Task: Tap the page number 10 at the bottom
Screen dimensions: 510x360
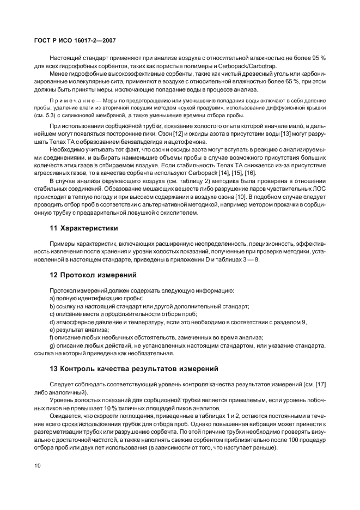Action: pyautogui.click(x=37, y=465)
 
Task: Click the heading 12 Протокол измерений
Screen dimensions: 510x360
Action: pyautogui.click(x=93, y=275)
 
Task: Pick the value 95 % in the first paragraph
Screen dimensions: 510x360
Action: pyautogui.click(x=319, y=58)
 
